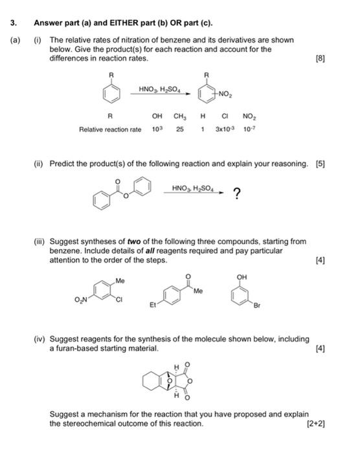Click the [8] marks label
[x=319, y=58]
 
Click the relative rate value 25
[x=179, y=129]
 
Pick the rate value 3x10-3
[x=223, y=129]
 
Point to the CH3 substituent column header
[x=179, y=117]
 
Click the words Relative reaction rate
[x=110, y=129]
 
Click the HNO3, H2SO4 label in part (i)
[x=161, y=89]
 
